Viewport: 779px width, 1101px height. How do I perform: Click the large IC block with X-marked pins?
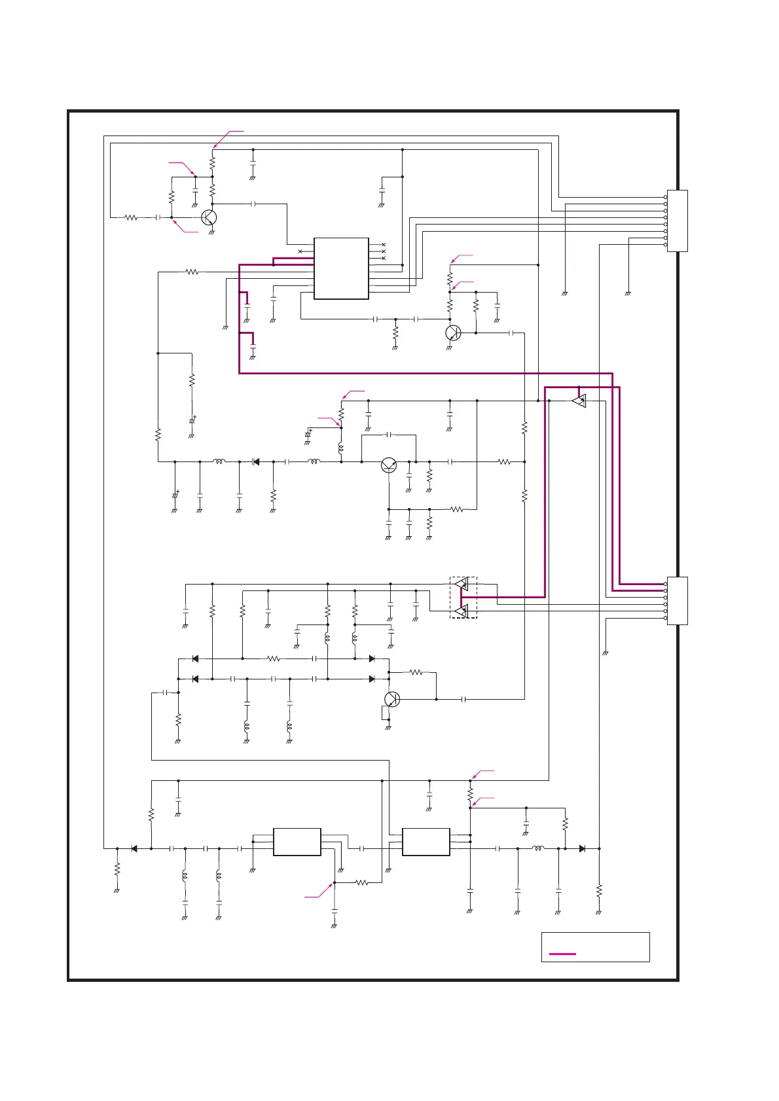click(x=341, y=268)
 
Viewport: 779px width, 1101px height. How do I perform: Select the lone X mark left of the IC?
click(x=300, y=252)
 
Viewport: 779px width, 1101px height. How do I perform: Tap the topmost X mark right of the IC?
click(x=383, y=245)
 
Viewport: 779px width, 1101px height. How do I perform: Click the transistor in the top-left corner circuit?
click(x=209, y=217)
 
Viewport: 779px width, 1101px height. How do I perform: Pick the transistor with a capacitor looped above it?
click(x=389, y=465)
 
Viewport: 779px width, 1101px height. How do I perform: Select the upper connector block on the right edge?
click(x=678, y=221)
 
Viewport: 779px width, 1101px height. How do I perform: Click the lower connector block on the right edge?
click(x=678, y=601)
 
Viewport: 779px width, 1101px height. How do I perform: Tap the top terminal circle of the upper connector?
click(x=666, y=197)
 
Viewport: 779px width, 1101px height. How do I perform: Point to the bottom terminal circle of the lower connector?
click(x=666, y=618)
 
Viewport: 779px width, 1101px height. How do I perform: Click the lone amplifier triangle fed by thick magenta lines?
click(x=579, y=401)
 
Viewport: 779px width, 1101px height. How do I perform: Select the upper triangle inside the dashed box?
click(x=462, y=584)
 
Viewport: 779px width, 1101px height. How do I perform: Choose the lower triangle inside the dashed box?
click(x=462, y=611)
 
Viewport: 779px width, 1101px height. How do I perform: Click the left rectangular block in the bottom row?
click(x=297, y=842)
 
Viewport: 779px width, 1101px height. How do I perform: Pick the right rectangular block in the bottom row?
click(x=426, y=842)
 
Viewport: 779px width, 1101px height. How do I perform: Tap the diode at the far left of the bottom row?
click(x=134, y=848)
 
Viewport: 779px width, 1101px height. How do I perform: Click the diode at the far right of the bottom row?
click(x=582, y=848)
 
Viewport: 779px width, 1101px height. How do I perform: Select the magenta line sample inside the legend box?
click(x=562, y=954)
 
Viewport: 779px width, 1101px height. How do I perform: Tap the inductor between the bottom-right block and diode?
click(x=537, y=848)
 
